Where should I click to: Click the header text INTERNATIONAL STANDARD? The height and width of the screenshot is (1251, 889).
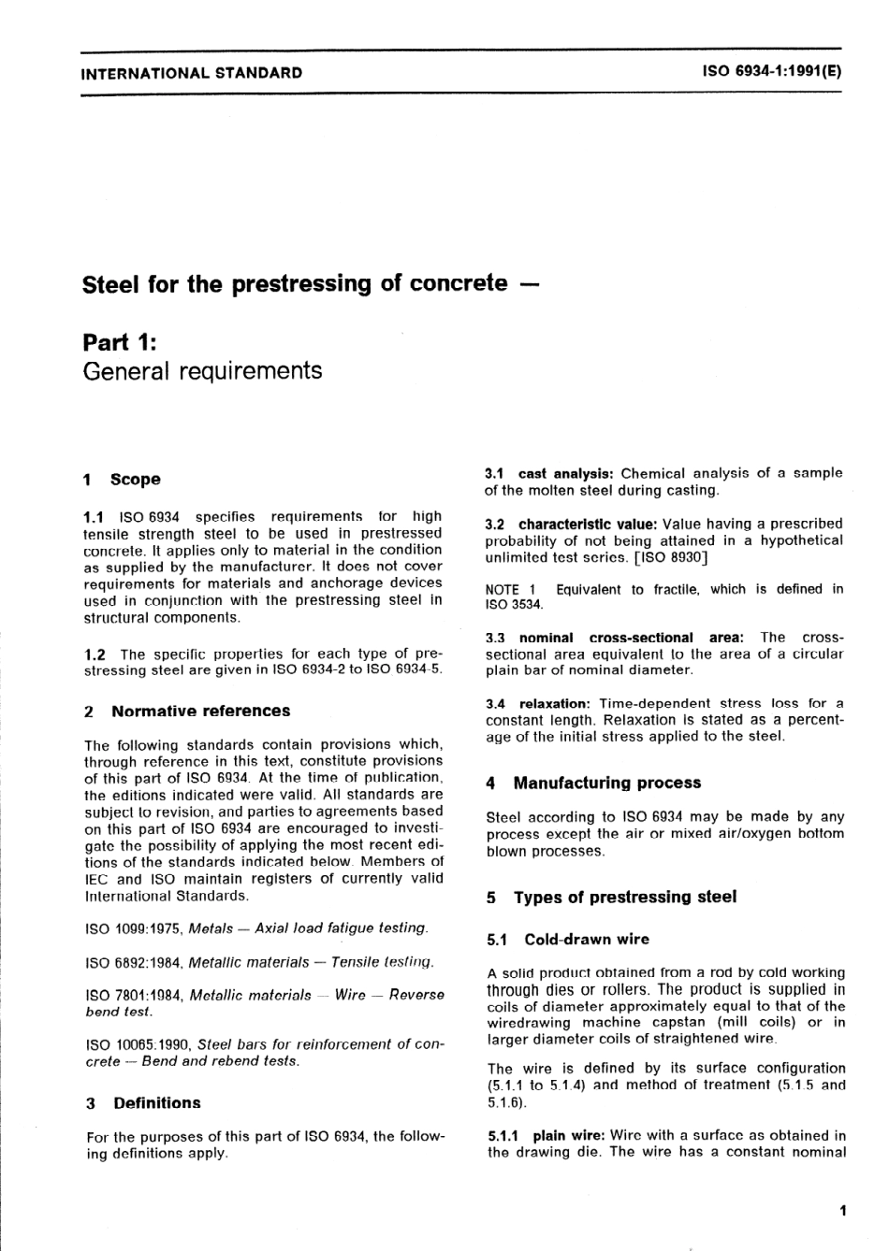(192, 73)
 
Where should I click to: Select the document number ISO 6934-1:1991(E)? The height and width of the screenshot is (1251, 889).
(772, 72)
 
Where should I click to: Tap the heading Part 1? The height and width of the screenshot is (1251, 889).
(120, 341)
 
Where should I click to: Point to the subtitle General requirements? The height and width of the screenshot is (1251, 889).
(202, 371)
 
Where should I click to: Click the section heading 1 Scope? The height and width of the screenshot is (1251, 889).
(122, 480)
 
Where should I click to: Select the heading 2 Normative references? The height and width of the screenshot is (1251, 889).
(187, 712)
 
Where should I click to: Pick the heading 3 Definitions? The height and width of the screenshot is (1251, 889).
(143, 1103)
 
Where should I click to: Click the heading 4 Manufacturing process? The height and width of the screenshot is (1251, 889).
(593, 784)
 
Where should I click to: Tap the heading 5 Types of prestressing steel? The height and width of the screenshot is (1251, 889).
(611, 898)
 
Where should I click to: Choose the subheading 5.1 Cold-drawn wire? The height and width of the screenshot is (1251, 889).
(568, 940)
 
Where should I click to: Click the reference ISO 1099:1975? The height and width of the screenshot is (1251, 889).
(134, 928)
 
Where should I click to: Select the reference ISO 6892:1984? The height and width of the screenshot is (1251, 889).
(134, 962)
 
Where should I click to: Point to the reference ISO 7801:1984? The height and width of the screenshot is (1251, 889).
(134, 996)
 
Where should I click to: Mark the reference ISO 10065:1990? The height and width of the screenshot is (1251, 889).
(138, 1044)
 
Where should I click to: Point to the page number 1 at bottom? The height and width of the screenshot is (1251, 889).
(842, 1212)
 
